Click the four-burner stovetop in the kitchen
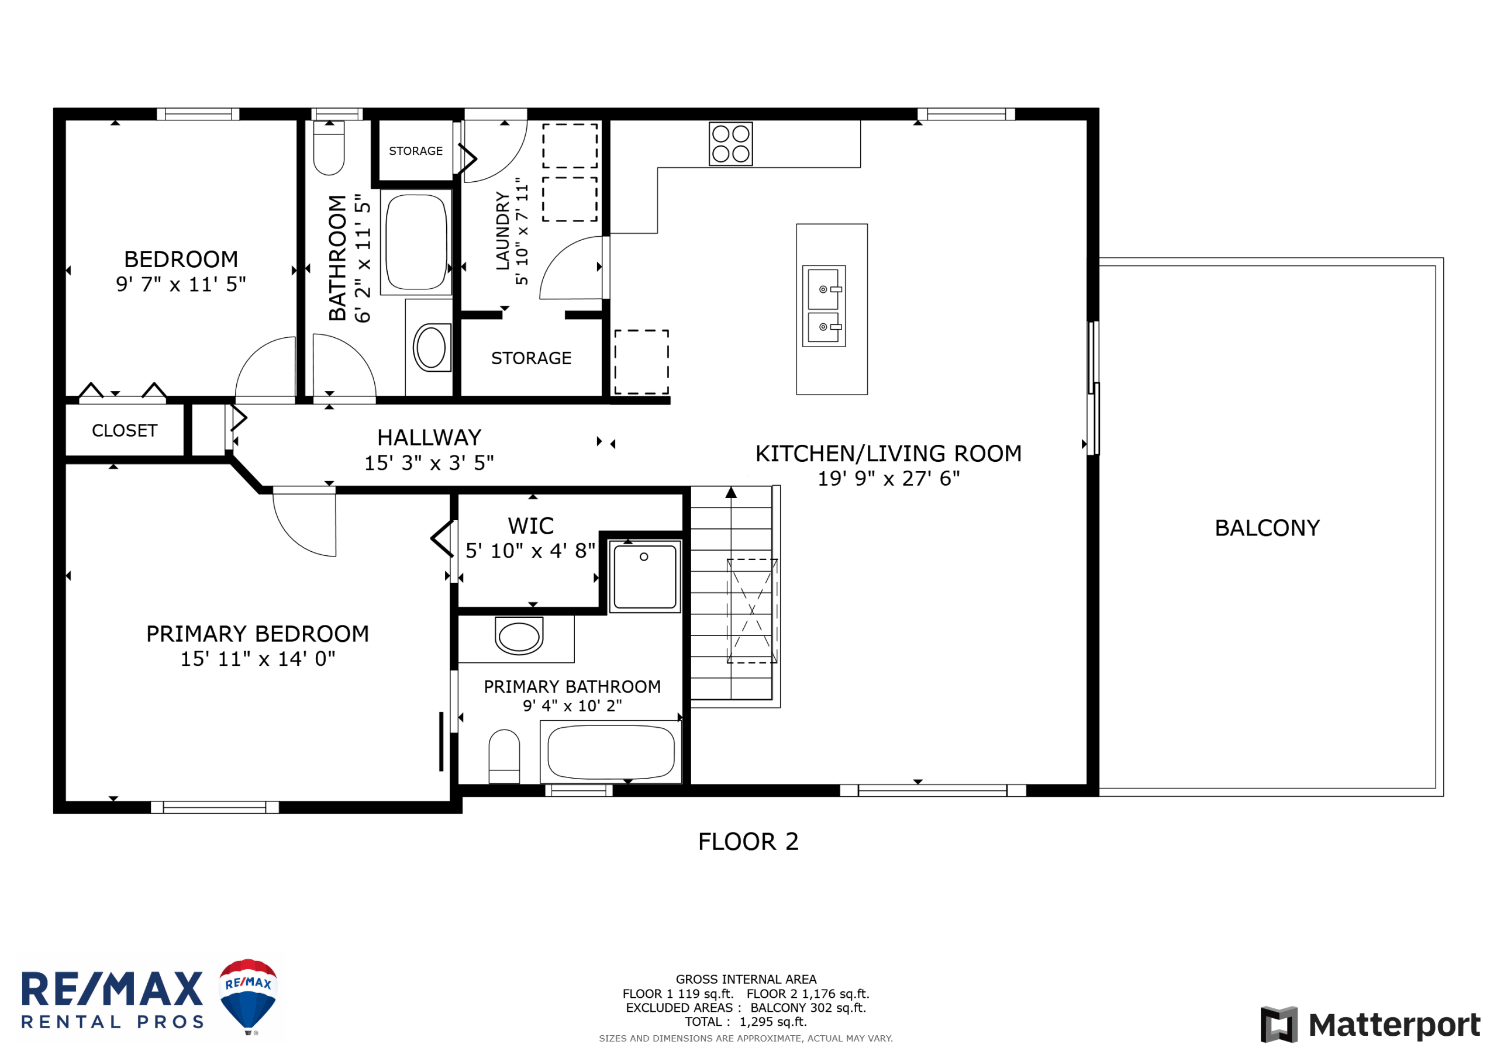tap(730, 143)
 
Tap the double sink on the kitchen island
tap(823, 306)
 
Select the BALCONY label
tap(1267, 527)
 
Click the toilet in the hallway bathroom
tap(329, 148)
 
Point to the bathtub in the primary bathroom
tap(611, 752)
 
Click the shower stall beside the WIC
tap(645, 577)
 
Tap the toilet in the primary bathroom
tap(504, 756)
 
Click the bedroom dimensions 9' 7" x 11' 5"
tap(181, 284)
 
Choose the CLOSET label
tap(125, 430)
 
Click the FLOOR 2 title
tap(748, 842)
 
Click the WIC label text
tap(531, 525)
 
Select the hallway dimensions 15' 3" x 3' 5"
tap(429, 463)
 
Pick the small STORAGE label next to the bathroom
tap(415, 151)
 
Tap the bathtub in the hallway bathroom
tap(416, 242)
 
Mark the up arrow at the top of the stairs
tap(731, 492)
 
